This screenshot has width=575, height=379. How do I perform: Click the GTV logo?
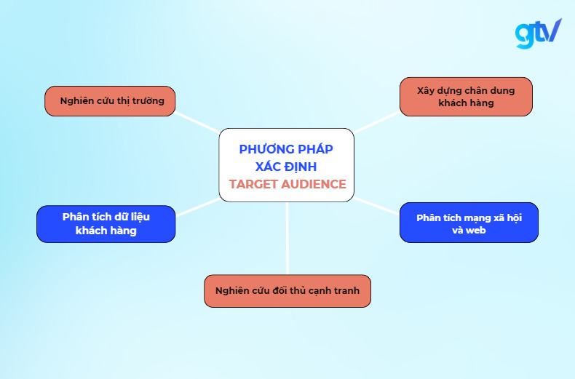pos(538,33)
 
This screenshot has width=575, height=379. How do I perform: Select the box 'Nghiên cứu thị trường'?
pos(110,101)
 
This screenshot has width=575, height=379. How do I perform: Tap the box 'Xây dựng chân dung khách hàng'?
pos(466,97)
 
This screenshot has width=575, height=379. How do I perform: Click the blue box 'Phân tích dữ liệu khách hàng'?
pos(106,223)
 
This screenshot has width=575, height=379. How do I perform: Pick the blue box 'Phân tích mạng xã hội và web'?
pos(469,223)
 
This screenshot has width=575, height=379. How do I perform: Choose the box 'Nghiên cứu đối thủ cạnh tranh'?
pos(287,291)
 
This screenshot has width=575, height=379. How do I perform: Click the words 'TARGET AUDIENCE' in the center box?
pos(287,184)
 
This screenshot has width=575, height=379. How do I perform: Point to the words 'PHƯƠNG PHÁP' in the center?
pos(286,149)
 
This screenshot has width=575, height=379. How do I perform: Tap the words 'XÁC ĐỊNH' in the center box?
pos(286,167)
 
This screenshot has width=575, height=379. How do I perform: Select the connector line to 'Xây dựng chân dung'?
pos(376,123)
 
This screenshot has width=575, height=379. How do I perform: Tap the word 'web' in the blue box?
pos(476,230)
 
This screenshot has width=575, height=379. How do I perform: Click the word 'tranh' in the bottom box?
pos(356,291)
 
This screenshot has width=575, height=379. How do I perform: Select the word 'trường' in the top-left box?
pos(149,101)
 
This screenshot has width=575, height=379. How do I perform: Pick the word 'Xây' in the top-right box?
pos(426,91)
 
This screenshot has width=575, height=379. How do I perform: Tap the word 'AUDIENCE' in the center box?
pos(311,184)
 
